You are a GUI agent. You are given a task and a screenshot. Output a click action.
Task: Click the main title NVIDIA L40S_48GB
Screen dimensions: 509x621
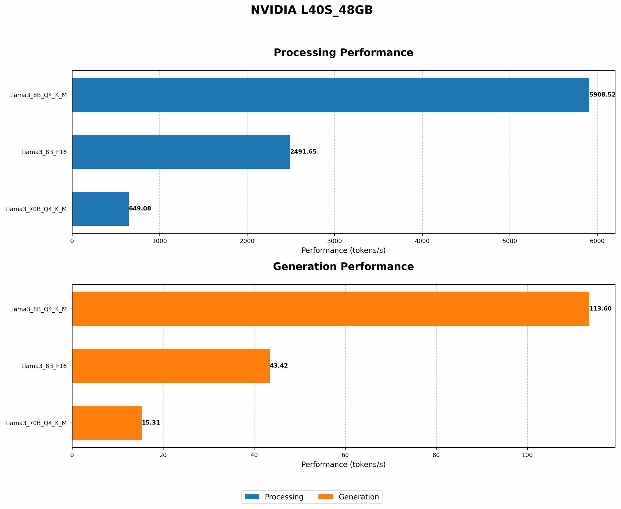click(x=312, y=11)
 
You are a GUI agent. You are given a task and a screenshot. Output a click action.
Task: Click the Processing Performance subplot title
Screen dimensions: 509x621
click(x=343, y=53)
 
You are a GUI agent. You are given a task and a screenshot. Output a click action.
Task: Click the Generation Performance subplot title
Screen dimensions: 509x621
click(x=343, y=267)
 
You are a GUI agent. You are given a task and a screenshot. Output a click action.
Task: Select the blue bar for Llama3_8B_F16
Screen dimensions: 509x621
click(x=181, y=152)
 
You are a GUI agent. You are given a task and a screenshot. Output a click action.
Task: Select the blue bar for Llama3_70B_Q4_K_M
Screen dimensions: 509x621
click(x=100, y=209)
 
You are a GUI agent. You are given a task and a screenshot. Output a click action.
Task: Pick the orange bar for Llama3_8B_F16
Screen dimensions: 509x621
click(x=171, y=366)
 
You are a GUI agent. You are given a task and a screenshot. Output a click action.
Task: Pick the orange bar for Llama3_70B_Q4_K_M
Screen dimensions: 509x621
click(x=107, y=422)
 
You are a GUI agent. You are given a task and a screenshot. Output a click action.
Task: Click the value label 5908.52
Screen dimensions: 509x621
click(x=602, y=95)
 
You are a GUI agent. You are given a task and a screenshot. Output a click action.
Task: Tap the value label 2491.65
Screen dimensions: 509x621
click(x=303, y=152)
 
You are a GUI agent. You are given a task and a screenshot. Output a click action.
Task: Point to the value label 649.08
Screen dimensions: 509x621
click(x=140, y=209)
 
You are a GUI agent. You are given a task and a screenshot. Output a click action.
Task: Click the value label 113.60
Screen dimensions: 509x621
click(x=600, y=309)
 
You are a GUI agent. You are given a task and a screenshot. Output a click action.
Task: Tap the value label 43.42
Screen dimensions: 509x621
click(x=279, y=366)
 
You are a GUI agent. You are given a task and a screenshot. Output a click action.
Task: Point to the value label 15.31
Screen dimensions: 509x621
click(x=151, y=422)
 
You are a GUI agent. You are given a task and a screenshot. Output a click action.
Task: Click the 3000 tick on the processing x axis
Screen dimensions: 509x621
click(x=334, y=241)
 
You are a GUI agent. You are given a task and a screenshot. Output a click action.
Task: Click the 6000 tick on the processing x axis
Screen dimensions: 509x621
click(x=597, y=241)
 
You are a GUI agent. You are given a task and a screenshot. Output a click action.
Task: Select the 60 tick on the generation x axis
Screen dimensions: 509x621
click(x=345, y=455)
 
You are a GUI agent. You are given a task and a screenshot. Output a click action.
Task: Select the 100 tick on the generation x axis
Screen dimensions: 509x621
click(x=527, y=455)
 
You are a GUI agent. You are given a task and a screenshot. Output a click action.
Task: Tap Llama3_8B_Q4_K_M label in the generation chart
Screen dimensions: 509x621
click(x=38, y=309)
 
